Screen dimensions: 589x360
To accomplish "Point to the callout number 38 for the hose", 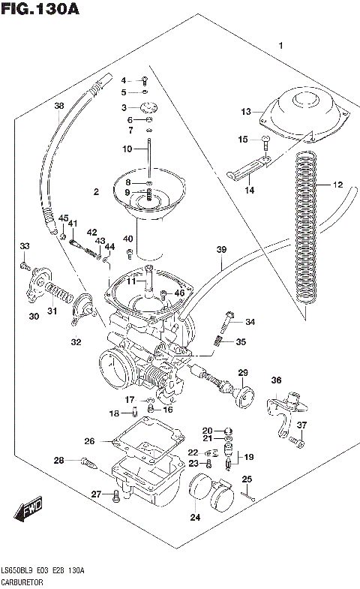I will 59,106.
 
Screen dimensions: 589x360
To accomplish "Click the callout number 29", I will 243,373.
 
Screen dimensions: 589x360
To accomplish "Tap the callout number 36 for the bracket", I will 275,380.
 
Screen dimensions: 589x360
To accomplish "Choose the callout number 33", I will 25,246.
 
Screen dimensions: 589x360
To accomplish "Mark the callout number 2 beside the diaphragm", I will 96,193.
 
